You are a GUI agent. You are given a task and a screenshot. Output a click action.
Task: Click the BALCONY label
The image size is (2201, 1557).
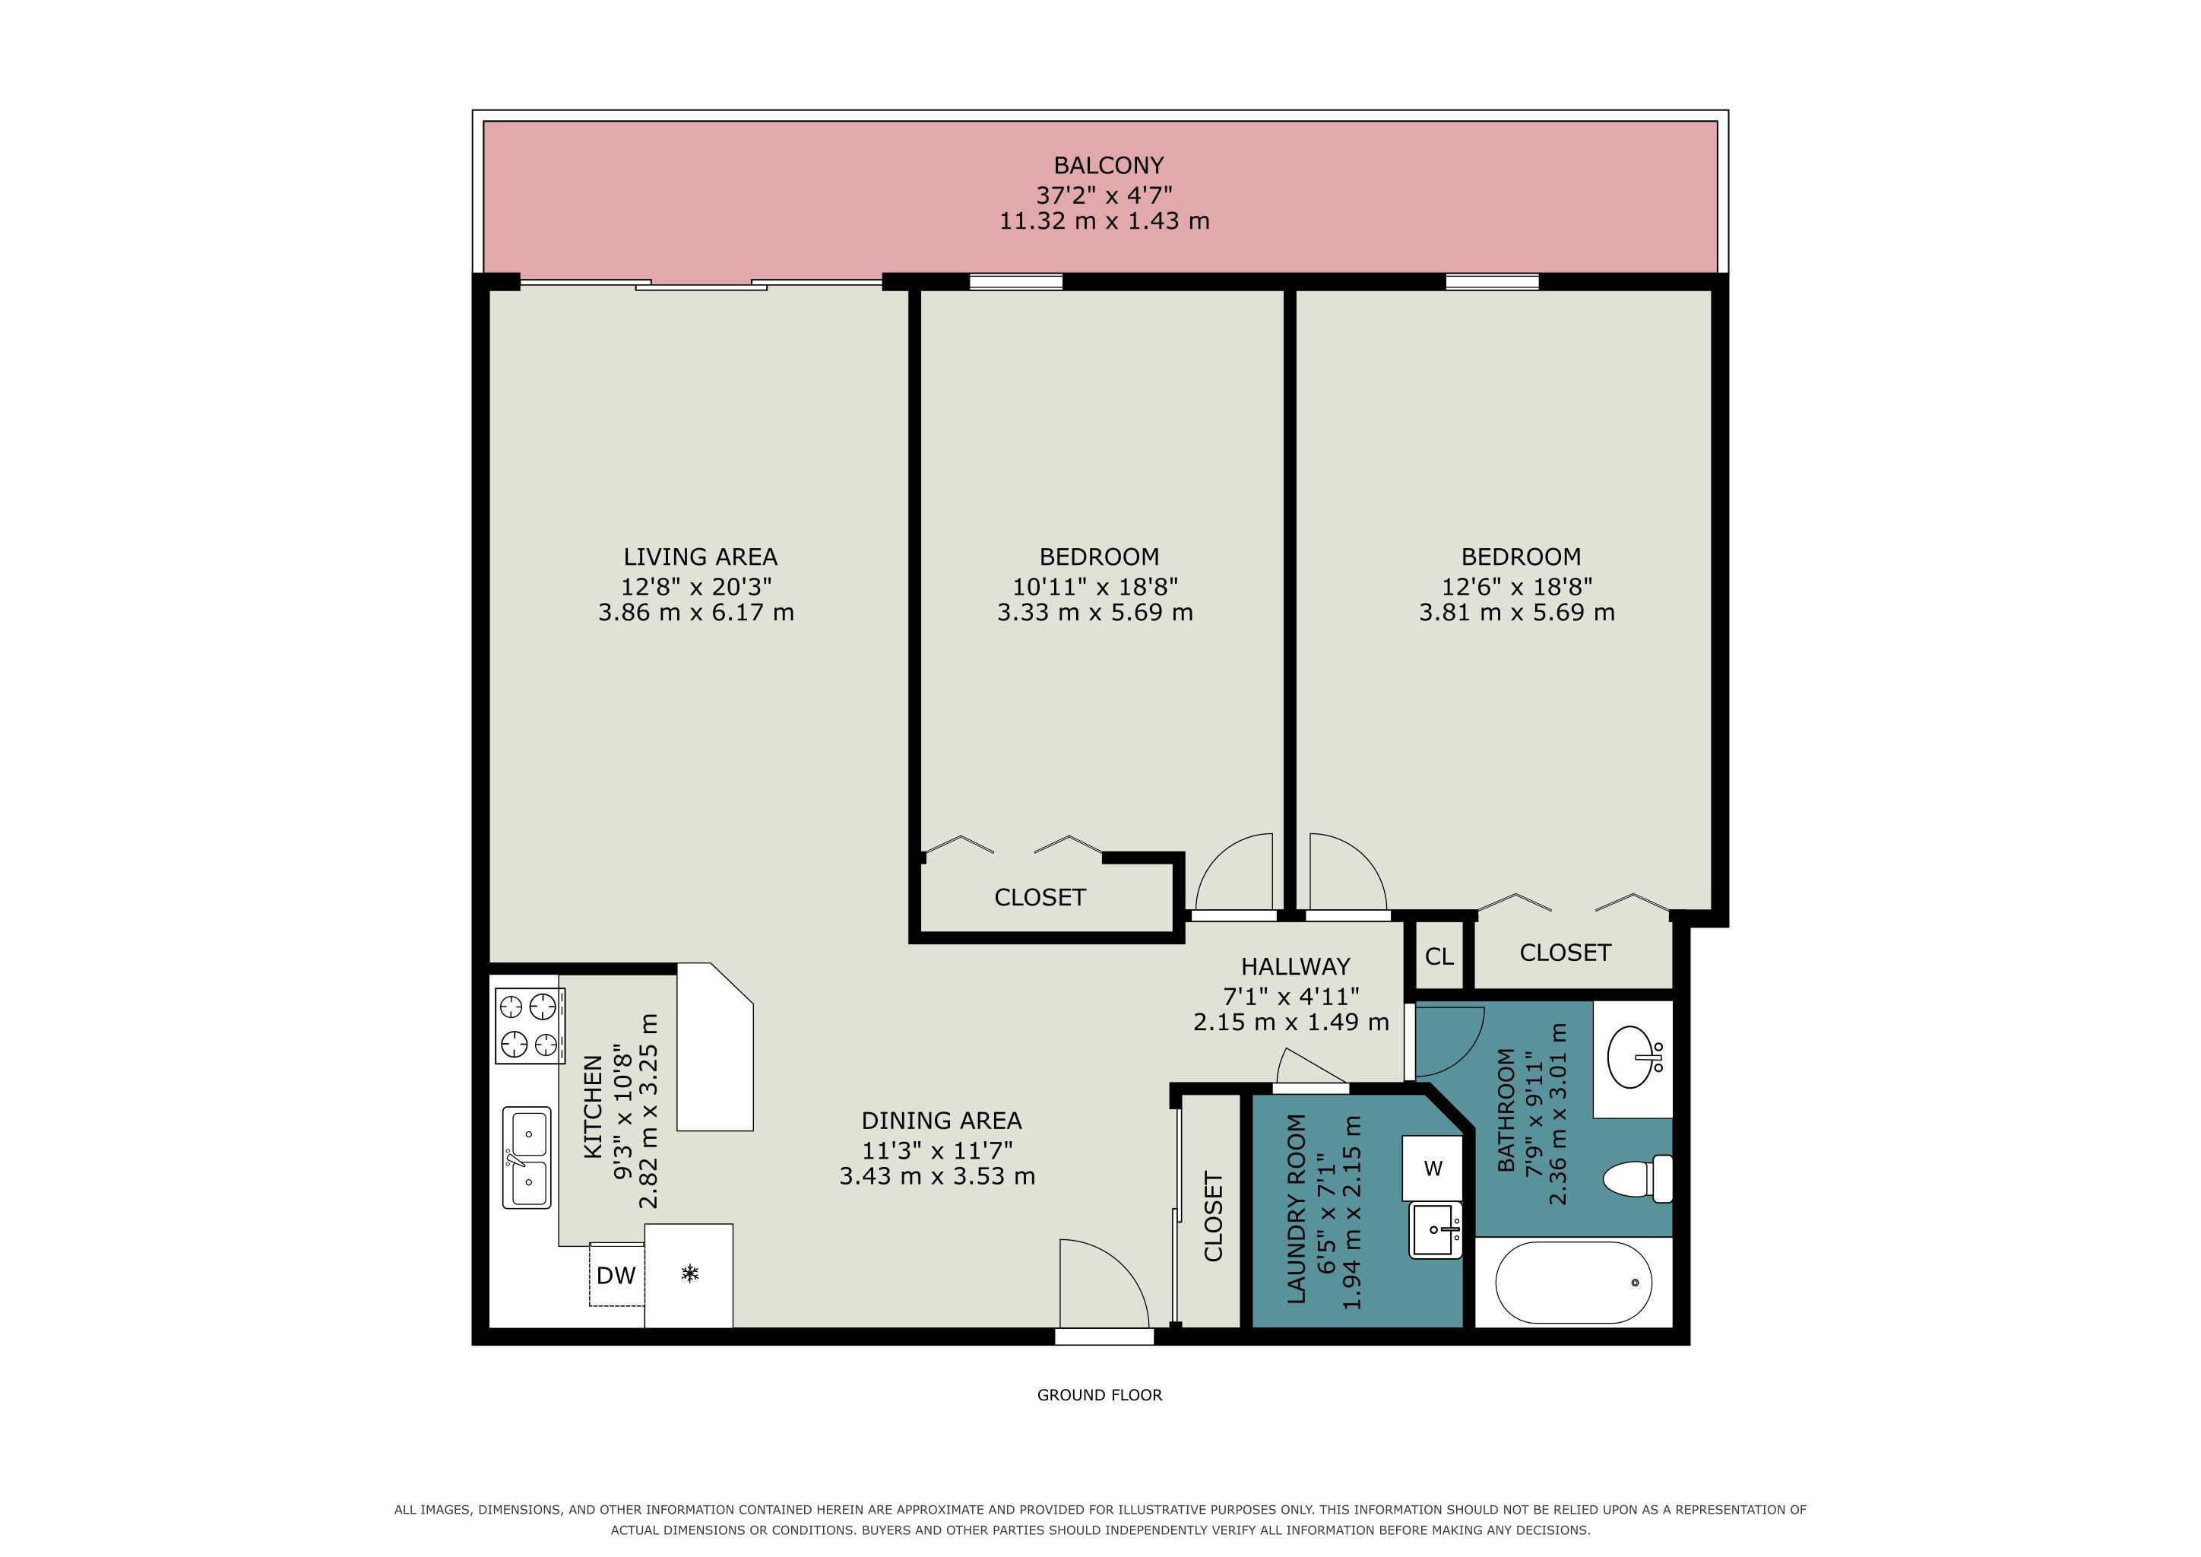pyautogui.click(x=1108, y=165)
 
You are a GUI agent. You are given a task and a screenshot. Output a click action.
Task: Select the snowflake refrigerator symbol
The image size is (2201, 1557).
pyautogui.click(x=689, y=1273)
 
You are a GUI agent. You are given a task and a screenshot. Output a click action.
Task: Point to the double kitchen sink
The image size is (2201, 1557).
pyautogui.click(x=526, y=1157)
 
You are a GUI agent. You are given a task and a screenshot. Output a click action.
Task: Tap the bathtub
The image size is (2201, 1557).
pyautogui.click(x=1573, y=1283)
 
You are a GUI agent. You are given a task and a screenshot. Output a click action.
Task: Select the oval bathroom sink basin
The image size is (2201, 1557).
pyautogui.click(x=1629, y=1058)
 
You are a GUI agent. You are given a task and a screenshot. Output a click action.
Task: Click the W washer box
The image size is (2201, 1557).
pyautogui.click(x=1433, y=1169)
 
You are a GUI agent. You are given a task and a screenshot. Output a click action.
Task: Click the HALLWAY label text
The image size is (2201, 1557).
pyautogui.click(x=1295, y=966)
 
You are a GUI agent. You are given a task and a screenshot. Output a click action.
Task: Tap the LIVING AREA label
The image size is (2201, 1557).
pyautogui.click(x=700, y=557)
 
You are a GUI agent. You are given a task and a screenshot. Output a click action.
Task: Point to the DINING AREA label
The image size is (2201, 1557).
pyautogui.click(x=942, y=1120)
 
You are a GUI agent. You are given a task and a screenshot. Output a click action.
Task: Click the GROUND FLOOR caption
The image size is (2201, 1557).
pyautogui.click(x=1100, y=1395)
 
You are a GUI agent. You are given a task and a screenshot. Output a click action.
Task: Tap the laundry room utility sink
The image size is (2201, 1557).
pyautogui.click(x=1435, y=1230)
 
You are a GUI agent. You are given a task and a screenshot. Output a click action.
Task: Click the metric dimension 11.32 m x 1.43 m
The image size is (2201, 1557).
pyautogui.click(x=1104, y=221)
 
